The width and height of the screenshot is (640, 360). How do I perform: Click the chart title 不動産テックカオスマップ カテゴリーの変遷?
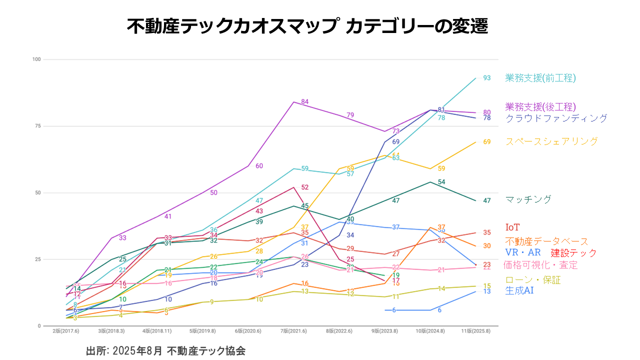(x=307, y=26)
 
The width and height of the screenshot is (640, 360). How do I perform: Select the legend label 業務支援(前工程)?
(x=540, y=78)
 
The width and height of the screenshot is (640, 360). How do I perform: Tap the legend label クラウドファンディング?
(x=556, y=118)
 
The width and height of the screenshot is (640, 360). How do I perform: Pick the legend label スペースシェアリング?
(x=551, y=141)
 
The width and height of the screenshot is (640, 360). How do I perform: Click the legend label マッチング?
(x=528, y=199)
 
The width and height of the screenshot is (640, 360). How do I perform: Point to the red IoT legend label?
(x=512, y=227)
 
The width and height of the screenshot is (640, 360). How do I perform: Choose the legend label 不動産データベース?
(x=547, y=241)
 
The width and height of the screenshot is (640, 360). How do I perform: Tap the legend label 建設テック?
(x=574, y=253)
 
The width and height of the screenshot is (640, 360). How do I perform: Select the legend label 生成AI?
(x=519, y=290)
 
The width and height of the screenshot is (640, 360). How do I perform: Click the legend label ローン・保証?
(x=533, y=280)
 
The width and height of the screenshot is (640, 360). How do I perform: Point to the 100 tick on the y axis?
(x=36, y=59)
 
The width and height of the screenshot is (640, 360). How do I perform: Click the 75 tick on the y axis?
(x=37, y=126)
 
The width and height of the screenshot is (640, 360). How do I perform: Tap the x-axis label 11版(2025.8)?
(x=475, y=331)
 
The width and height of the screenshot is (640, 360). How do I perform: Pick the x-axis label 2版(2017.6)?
(x=66, y=331)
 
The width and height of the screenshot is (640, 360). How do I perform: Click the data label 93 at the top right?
(x=486, y=78)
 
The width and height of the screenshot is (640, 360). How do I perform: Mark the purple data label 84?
(x=304, y=102)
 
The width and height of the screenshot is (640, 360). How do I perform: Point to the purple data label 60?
(x=259, y=166)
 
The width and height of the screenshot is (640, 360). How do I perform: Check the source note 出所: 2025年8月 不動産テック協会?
(x=166, y=350)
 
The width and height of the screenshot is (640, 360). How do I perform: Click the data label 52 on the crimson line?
(x=304, y=187)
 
